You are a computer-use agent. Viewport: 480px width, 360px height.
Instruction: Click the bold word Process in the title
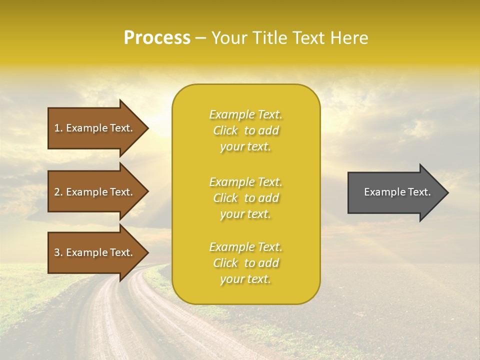pos(157,38)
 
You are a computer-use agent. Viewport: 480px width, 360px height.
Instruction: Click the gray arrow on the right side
pos(395,192)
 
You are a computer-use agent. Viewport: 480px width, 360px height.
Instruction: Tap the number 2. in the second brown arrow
pos(58,192)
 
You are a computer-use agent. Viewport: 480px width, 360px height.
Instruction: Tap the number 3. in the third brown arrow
pos(58,252)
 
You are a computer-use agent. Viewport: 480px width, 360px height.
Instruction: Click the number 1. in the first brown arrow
pos(58,128)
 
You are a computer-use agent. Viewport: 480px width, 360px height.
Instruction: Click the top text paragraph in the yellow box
pos(245,130)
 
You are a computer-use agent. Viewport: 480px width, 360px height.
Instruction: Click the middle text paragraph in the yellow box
pos(245,198)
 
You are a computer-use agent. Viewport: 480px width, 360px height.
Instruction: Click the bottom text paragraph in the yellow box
pos(245,263)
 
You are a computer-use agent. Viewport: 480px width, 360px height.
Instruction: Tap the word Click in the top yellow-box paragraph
pos(225,130)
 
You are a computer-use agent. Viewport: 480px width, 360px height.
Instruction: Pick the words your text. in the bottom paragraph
pos(245,279)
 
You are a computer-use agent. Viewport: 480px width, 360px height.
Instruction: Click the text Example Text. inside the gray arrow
pos(397,192)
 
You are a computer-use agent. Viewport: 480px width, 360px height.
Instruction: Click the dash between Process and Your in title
pos(200,38)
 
